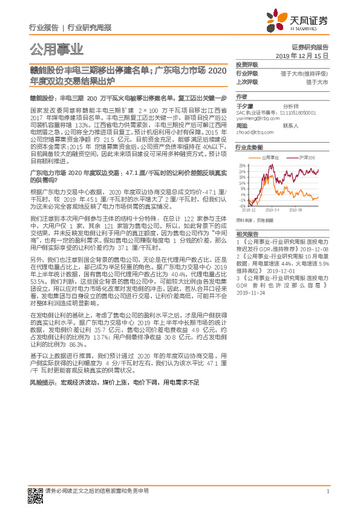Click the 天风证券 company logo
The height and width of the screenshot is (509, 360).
click(x=303, y=22)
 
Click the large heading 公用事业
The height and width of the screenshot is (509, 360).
click(x=56, y=49)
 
